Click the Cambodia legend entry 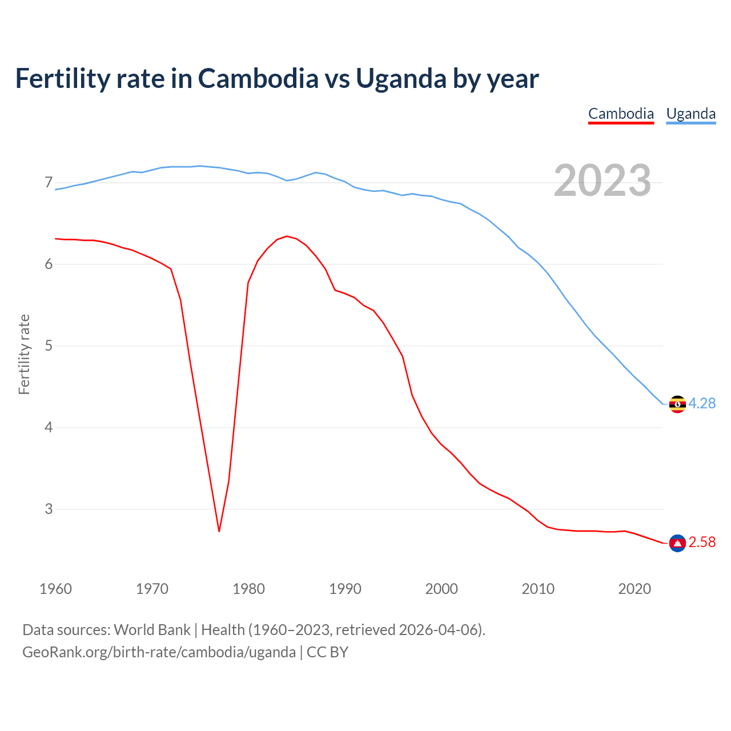click(621, 114)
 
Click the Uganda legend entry click(691, 114)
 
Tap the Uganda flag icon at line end click(677, 404)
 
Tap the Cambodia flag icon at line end click(677, 543)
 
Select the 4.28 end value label click(702, 403)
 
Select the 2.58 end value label click(702, 542)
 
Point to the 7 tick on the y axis click(49, 183)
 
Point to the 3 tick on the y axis click(49, 509)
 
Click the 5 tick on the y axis click(49, 346)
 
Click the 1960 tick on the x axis click(55, 589)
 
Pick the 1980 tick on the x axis click(248, 589)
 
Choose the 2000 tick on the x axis click(441, 589)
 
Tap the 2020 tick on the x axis click(634, 589)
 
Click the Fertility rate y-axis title click(24, 354)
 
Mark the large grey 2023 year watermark click(602, 180)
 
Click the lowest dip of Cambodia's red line click(219, 531)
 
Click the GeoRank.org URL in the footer click(159, 652)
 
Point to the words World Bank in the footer click(152, 630)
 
